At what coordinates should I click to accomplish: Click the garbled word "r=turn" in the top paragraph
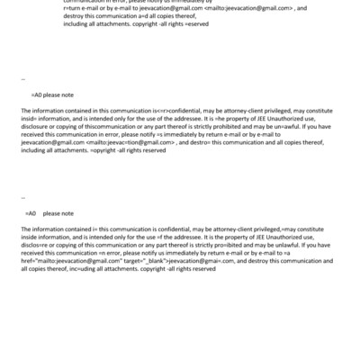coord(72,8)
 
